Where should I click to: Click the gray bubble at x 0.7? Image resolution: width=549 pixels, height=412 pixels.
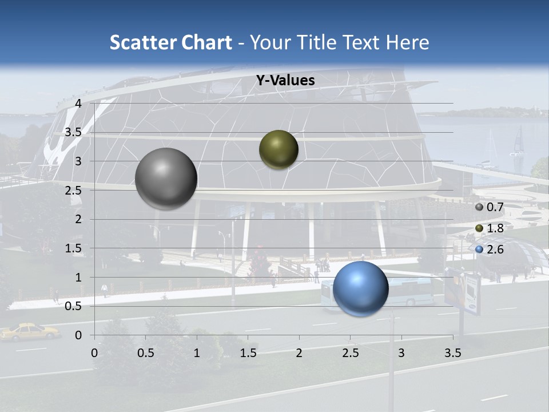(166, 179)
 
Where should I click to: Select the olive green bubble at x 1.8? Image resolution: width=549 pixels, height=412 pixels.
(279, 149)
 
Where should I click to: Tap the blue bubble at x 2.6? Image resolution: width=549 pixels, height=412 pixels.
(360, 289)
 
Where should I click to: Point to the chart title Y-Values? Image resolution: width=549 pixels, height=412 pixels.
(285, 81)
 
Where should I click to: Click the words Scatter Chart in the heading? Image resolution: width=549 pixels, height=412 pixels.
(170, 42)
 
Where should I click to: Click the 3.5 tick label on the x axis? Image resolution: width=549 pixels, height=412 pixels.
(452, 353)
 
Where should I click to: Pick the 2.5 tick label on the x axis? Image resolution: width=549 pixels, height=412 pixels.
(350, 353)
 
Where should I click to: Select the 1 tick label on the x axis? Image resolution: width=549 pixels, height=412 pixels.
(197, 353)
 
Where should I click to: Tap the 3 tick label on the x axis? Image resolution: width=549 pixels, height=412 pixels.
(401, 353)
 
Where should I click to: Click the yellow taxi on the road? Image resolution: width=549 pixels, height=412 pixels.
(29, 331)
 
